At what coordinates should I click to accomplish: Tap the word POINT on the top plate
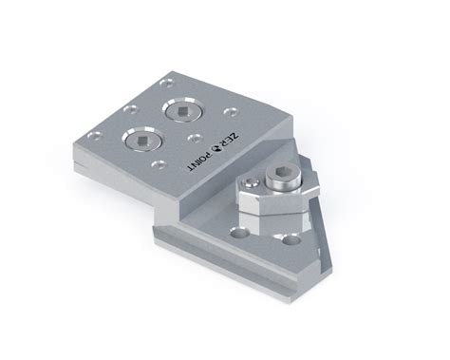(200, 160)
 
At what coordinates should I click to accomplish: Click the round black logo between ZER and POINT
(217, 146)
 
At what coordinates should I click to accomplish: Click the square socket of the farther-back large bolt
(182, 111)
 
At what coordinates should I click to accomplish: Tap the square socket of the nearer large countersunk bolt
(141, 140)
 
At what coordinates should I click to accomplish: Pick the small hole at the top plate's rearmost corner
(167, 84)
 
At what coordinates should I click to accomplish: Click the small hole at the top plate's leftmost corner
(95, 136)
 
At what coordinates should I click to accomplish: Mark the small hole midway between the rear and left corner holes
(131, 109)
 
